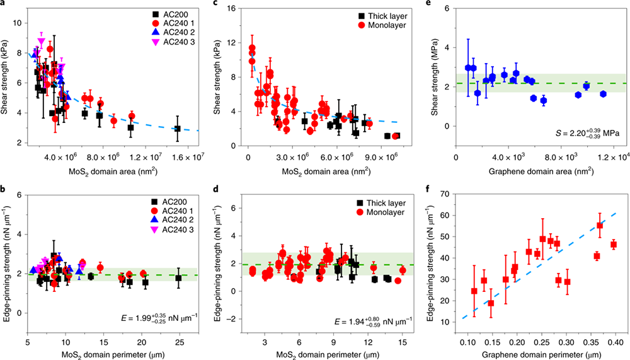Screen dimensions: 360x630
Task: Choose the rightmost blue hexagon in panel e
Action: (603, 94)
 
